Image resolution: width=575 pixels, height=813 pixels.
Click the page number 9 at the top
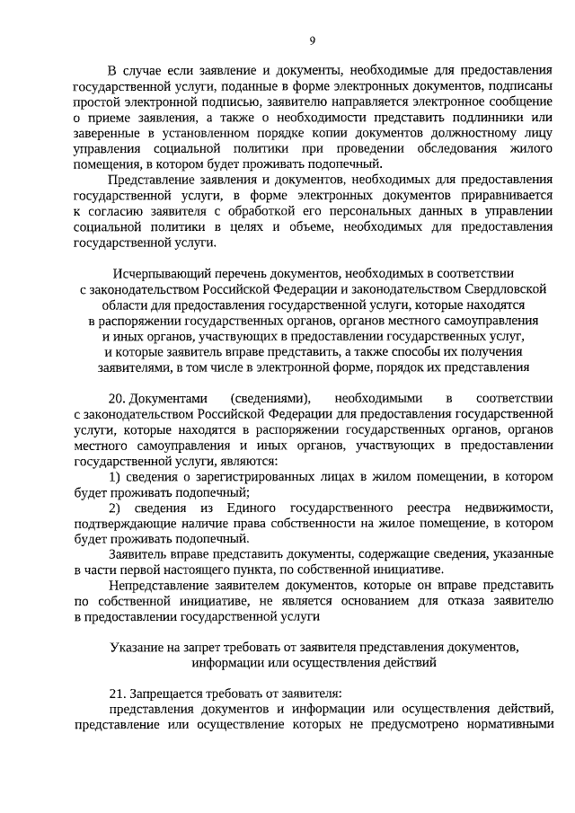(x=313, y=40)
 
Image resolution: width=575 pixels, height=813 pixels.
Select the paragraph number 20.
(x=117, y=398)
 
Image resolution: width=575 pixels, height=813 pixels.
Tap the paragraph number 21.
(x=117, y=694)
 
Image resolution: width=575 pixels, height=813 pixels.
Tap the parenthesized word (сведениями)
(x=270, y=398)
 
